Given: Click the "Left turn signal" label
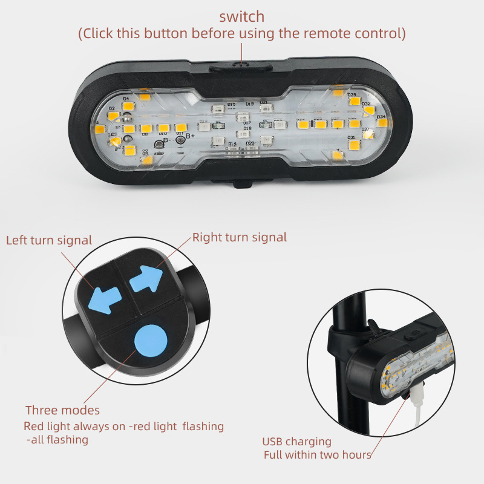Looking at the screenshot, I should [x=49, y=240].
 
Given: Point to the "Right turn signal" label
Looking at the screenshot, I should [x=240, y=237].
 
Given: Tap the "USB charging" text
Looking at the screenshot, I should [x=296, y=442].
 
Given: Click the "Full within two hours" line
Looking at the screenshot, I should [x=317, y=454].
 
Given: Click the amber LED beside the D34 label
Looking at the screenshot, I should [x=381, y=123].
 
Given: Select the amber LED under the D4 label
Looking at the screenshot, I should [x=128, y=106].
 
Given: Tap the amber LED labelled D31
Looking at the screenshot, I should [x=354, y=145].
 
